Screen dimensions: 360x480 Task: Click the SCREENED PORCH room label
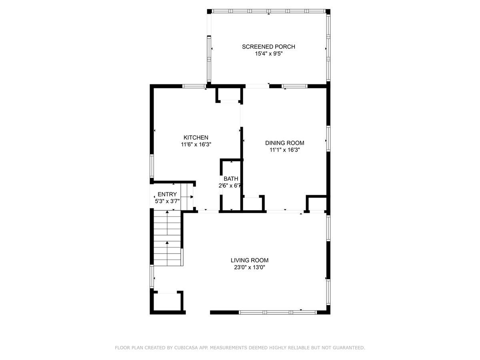click(268, 47)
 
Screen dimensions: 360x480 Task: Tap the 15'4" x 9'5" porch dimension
click(268, 54)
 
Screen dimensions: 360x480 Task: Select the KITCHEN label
click(196, 137)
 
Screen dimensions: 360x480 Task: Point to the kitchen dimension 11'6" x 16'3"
click(196, 144)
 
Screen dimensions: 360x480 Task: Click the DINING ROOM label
click(285, 143)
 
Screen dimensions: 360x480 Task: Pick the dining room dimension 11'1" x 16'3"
click(285, 150)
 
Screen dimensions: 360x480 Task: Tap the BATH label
click(231, 179)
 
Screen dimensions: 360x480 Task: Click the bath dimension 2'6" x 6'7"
click(231, 186)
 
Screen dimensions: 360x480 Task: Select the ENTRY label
click(167, 194)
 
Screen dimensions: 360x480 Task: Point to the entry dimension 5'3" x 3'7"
click(167, 201)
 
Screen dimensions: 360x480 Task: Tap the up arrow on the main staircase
click(167, 242)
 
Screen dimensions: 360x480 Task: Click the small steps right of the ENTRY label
click(187, 196)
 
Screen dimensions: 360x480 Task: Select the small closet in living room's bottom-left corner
click(168, 302)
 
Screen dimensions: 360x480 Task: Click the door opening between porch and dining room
click(257, 86)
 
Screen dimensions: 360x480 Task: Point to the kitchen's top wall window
click(194, 86)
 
